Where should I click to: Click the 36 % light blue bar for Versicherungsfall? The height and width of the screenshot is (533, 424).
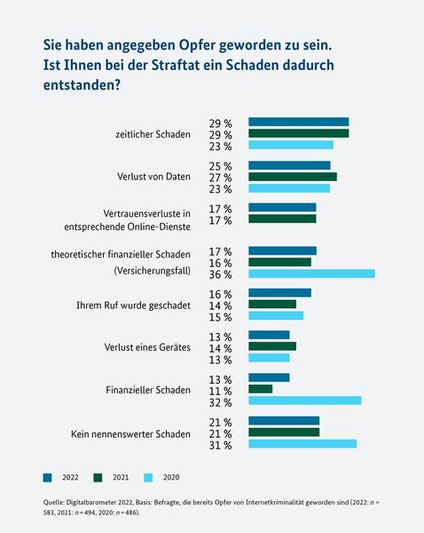coord(311,273)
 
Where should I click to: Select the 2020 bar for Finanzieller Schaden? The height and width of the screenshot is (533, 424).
coord(304,401)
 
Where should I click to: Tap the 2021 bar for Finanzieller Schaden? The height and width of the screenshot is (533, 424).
coord(260,389)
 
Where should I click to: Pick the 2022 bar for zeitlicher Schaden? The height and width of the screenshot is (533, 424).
coord(298,122)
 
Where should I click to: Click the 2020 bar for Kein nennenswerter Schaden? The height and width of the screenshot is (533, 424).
coord(302,443)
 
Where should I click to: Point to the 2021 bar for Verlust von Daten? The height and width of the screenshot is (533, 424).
coord(292,177)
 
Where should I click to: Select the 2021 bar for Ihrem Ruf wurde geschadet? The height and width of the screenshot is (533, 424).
coord(271,304)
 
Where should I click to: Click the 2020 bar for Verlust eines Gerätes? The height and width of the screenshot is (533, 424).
coord(269,358)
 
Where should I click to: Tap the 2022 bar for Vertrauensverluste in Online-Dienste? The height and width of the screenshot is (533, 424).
coord(282,208)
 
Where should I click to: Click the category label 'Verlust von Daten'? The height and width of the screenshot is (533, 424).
coord(153,177)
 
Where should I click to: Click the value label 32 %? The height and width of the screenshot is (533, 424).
coord(220,402)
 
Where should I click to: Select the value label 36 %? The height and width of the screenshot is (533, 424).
coord(220,274)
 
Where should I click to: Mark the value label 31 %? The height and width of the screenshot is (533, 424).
coord(220,444)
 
